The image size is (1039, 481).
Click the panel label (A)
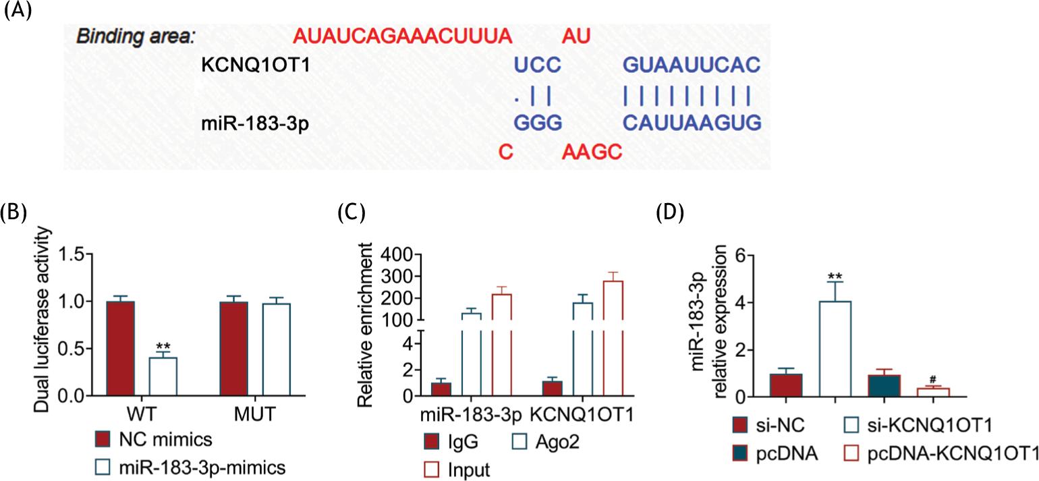point(17,13)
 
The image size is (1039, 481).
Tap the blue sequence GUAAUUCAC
point(692,65)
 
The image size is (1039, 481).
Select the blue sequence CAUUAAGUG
point(692,123)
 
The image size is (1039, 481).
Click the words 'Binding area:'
point(135,36)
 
